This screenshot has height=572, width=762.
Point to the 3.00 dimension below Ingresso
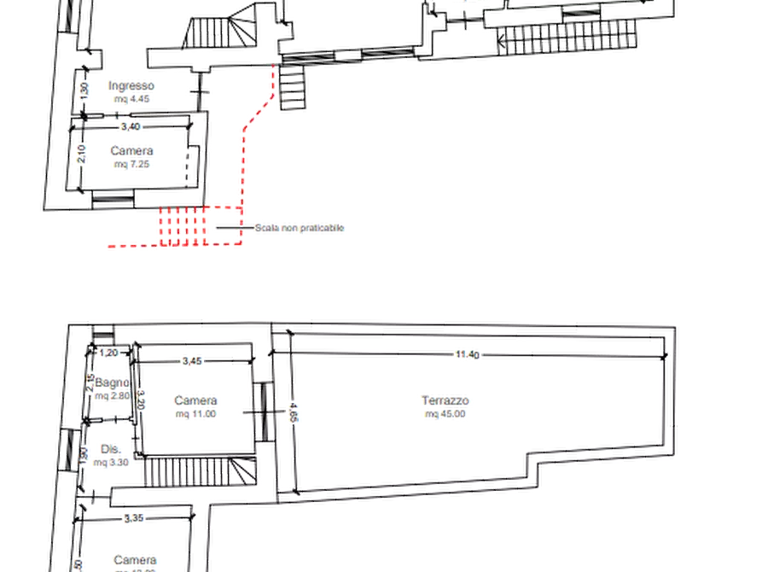(x=131, y=127)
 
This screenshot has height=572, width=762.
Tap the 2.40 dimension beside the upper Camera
(x=82, y=154)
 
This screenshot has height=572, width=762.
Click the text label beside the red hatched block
(x=300, y=228)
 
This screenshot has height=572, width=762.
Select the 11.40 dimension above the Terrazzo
(x=466, y=352)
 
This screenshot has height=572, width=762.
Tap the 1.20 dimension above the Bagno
(x=107, y=353)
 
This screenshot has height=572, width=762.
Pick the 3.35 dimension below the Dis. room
(x=134, y=517)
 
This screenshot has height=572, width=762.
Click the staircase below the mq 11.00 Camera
(x=199, y=470)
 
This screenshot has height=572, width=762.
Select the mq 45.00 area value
(x=445, y=415)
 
